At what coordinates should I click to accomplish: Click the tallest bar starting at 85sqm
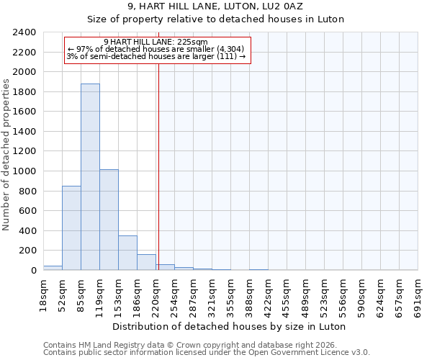[90, 177]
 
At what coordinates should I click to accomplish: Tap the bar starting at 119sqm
[109, 220]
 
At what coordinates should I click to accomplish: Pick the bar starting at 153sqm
[127, 253]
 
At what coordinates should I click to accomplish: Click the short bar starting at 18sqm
[53, 268]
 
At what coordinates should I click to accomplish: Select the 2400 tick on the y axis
[24, 33]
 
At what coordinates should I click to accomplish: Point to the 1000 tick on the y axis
[24, 171]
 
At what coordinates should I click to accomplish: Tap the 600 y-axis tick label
[27, 211]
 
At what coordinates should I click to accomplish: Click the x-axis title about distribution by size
[230, 326]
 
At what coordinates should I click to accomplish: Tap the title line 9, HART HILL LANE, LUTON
[215, 6]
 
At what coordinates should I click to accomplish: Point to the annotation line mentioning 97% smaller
[156, 49]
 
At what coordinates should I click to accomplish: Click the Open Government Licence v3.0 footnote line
[207, 353]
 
